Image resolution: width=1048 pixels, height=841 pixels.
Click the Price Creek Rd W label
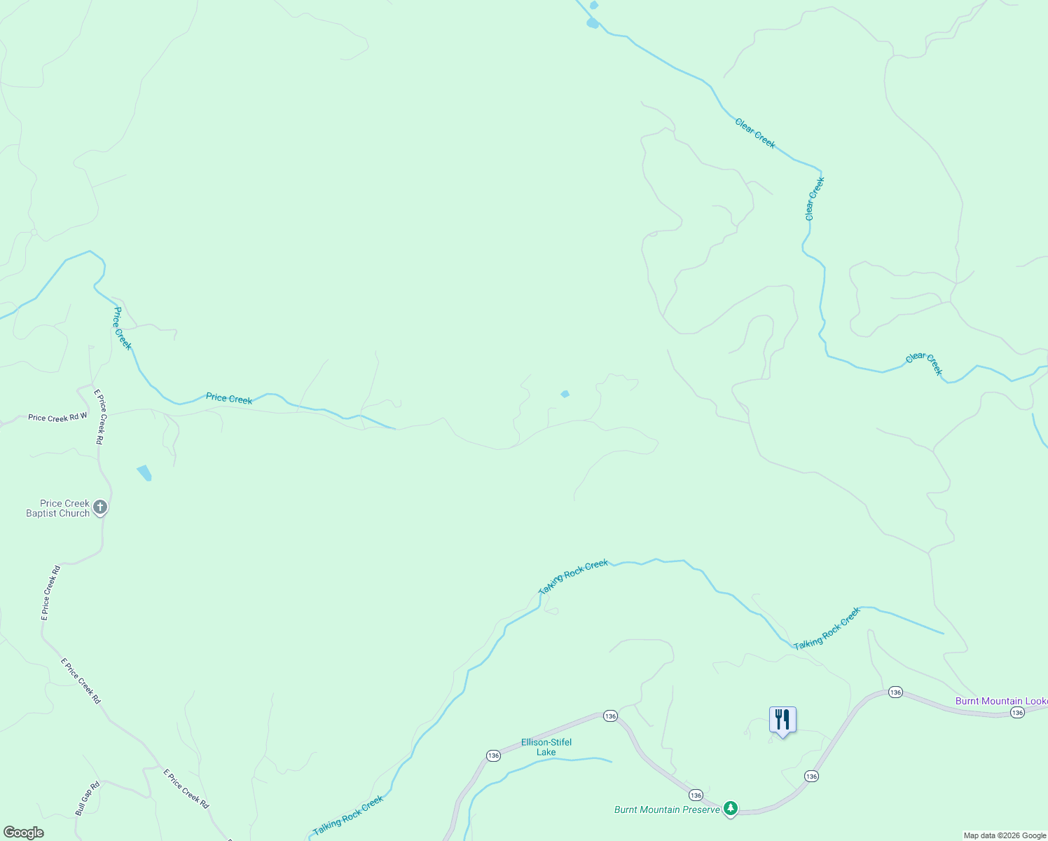[57, 418]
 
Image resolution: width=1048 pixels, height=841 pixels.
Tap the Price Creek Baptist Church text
[58, 508]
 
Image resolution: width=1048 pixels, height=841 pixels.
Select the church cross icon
[100, 507]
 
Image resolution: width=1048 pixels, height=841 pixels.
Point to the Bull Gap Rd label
[88, 799]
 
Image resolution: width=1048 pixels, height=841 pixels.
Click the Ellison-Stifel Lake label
[546, 747]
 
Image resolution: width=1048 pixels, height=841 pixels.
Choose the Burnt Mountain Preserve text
[667, 809]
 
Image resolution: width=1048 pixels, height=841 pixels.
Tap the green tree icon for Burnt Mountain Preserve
[731, 809]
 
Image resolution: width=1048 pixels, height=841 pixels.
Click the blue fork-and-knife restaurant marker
[782, 720]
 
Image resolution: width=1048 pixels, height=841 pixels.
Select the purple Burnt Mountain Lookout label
[1001, 701]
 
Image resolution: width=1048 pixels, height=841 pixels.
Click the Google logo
[24, 833]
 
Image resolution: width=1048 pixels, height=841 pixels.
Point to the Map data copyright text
[1005, 835]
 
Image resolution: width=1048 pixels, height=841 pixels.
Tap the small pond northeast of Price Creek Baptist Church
[144, 472]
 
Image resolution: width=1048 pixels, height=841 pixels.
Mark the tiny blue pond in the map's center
[565, 394]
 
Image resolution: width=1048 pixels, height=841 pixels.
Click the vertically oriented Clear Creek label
[815, 199]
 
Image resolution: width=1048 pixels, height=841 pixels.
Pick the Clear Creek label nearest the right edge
[924, 364]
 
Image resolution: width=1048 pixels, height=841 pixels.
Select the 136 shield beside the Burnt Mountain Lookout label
[1017, 712]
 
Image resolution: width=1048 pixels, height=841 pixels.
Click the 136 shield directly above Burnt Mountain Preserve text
[695, 795]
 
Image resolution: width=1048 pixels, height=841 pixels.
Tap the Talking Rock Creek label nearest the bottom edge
[348, 815]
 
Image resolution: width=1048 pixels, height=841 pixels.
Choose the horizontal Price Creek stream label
[229, 398]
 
